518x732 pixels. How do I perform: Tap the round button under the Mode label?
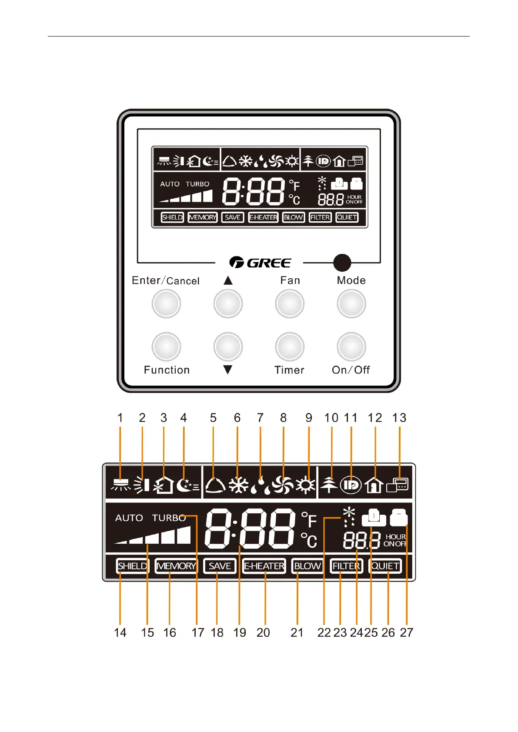(351, 303)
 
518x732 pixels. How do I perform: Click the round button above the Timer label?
(290, 346)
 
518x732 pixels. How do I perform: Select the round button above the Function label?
(166, 346)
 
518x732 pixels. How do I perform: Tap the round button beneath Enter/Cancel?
(166, 303)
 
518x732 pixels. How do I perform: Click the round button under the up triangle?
(228, 303)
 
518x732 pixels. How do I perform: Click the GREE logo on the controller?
(260, 263)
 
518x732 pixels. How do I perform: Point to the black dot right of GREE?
(342, 263)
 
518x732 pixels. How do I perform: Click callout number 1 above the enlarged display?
(120, 418)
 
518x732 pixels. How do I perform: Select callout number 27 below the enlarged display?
(406, 632)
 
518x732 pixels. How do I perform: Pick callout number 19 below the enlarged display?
(240, 632)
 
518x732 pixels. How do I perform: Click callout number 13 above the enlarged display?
(399, 418)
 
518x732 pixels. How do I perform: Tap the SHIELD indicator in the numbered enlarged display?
(133, 566)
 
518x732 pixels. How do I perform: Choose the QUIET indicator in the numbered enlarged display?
(385, 566)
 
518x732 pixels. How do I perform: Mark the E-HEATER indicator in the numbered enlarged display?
(264, 566)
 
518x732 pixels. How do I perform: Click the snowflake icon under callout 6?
(238, 485)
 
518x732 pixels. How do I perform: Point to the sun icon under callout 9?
(305, 485)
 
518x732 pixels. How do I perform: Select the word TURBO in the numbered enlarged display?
(169, 518)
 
